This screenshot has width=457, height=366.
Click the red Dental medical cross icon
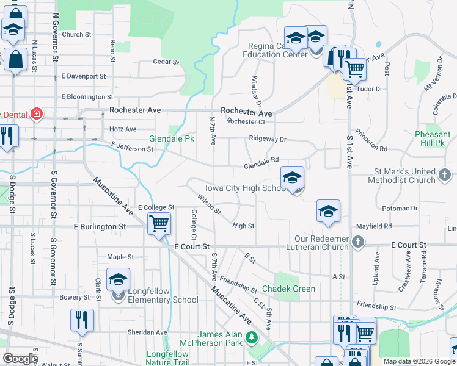pyautogui.click(x=37, y=114)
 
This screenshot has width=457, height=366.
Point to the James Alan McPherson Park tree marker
pyautogui.click(x=250, y=337)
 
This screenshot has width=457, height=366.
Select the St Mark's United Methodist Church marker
pyautogui.click(x=445, y=176)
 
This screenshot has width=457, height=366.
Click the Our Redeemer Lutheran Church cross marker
pyautogui.click(x=359, y=243)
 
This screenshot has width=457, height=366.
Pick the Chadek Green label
pyautogui.click(x=289, y=289)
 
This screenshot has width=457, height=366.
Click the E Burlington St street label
pyautogui.click(x=100, y=226)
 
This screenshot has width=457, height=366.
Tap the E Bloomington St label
pyautogui.click(x=87, y=96)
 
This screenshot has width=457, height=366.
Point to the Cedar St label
pyautogui.click(x=166, y=62)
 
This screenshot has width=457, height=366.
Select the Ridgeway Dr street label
pyautogui.click(x=268, y=138)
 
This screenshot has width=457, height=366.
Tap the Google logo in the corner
pyautogui.click(x=21, y=359)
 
